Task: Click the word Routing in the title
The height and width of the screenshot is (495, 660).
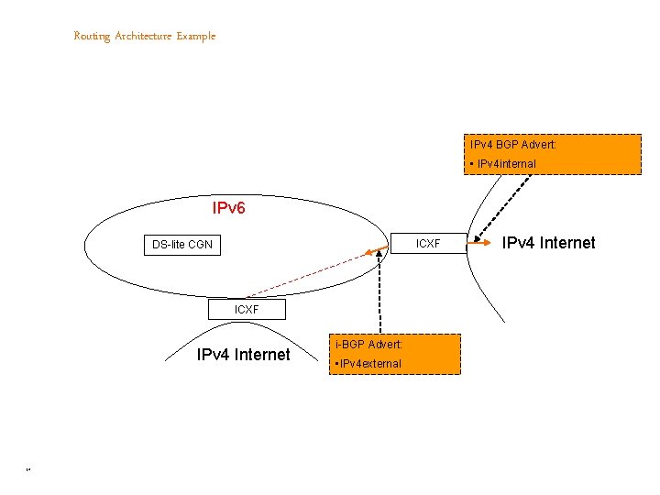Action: pyautogui.click(x=92, y=37)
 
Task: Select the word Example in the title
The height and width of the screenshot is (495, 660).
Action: pyautogui.click(x=196, y=37)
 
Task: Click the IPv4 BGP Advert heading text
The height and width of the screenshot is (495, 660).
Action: pyautogui.click(x=513, y=145)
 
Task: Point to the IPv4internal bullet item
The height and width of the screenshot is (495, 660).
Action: pyautogui.click(x=503, y=164)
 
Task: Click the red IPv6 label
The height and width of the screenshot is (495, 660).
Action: pyautogui.click(x=228, y=208)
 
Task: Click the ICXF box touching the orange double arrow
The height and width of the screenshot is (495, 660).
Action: pyautogui.click(x=428, y=244)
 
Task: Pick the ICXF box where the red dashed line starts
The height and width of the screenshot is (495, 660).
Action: pyautogui.click(x=247, y=310)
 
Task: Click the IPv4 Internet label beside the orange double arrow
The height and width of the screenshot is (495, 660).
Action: pyautogui.click(x=548, y=243)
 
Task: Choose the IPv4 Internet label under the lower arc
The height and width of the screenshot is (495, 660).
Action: pyautogui.click(x=244, y=355)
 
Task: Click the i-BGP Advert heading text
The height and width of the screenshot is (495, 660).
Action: pyautogui.click(x=368, y=345)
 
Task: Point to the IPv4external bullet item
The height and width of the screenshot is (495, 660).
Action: pyautogui.click(x=369, y=364)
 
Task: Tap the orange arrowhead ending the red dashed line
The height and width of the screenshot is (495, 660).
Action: pyautogui.click(x=366, y=252)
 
